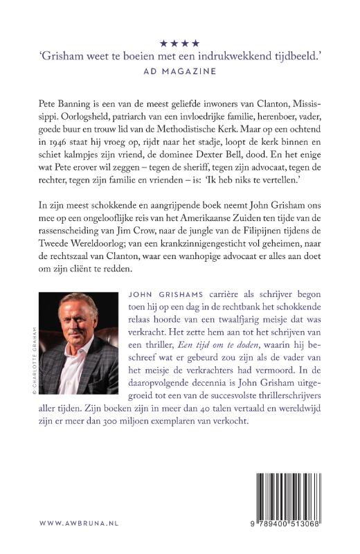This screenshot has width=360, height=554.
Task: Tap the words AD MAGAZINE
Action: [x=180, y=71]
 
